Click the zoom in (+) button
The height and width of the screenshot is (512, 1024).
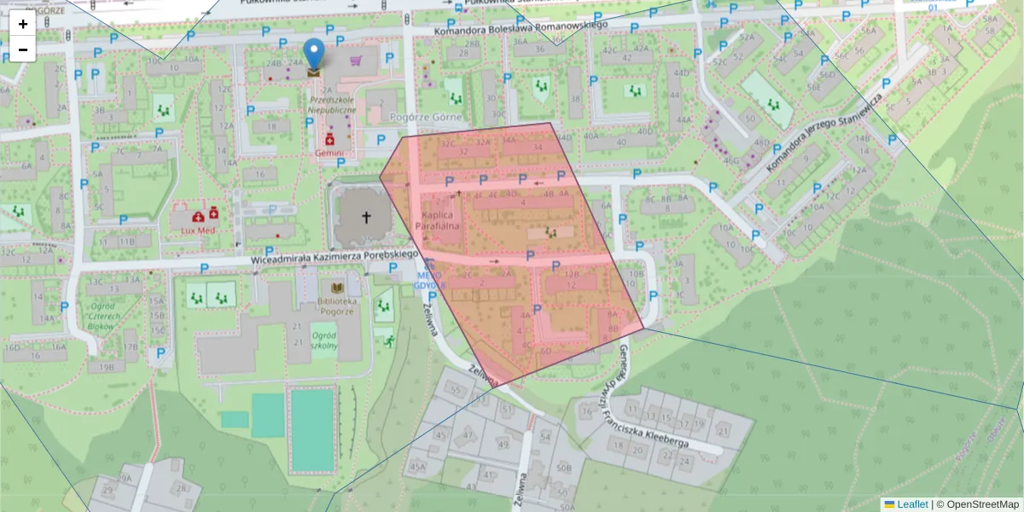(x=23, y=24)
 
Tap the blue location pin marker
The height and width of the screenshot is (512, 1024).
(x=315, y=53)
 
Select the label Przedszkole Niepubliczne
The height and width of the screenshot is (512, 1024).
(x=333, y=104)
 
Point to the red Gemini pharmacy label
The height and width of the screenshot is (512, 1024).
(x=329, y=153)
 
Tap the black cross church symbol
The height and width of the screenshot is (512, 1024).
(x=368, y=218)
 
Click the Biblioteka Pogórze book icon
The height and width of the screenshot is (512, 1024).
(x=336, y=288)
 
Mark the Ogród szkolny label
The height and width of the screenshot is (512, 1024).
(x=324, y=340)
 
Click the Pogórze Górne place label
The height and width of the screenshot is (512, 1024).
(x=425, y=118)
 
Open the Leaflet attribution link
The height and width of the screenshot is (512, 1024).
(x=912, y=504)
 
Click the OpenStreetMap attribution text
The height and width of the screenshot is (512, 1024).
(x=977, y=504)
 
